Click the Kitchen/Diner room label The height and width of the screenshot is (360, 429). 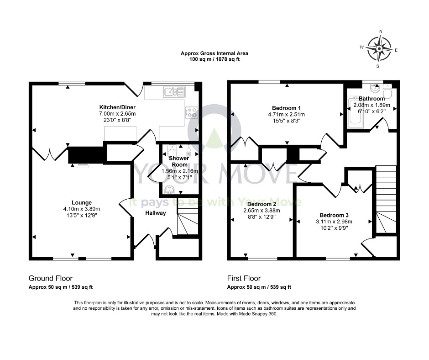click(x=117, y=107)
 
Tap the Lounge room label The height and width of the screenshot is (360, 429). click(x=82, y=202)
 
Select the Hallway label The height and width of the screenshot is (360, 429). click(x=156, y=213)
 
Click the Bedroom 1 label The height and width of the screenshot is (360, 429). click(x=286, y=108)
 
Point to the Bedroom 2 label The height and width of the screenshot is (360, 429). click(x=262, y=204)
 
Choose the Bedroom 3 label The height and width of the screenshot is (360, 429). click(x=334, y=215)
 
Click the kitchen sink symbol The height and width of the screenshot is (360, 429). click(x=174, y=92)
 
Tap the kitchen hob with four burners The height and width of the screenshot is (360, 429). click(x=191, y=112)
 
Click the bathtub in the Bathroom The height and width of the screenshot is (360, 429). click(x=355, y=112)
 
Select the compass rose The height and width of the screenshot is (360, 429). click(x=379, y=49)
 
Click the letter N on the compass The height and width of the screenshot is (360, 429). click(x=381, y=31)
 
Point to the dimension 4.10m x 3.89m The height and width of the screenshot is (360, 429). click(x=82, y=209)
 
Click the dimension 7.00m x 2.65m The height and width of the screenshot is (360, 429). click(x=117, y=113)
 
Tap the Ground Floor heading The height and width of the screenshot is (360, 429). click(x=51, y=278)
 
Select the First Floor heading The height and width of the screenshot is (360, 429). click(x=244, y=278)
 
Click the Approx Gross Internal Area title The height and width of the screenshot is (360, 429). click(x=214, y=53)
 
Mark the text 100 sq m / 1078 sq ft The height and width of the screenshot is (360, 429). click(x=214, y=59)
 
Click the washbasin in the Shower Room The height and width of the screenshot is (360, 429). click(x=170, y=189)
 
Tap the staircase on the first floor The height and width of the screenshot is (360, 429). click(x=386, y=200)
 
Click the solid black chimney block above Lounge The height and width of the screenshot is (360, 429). click(x=85, y=155)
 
